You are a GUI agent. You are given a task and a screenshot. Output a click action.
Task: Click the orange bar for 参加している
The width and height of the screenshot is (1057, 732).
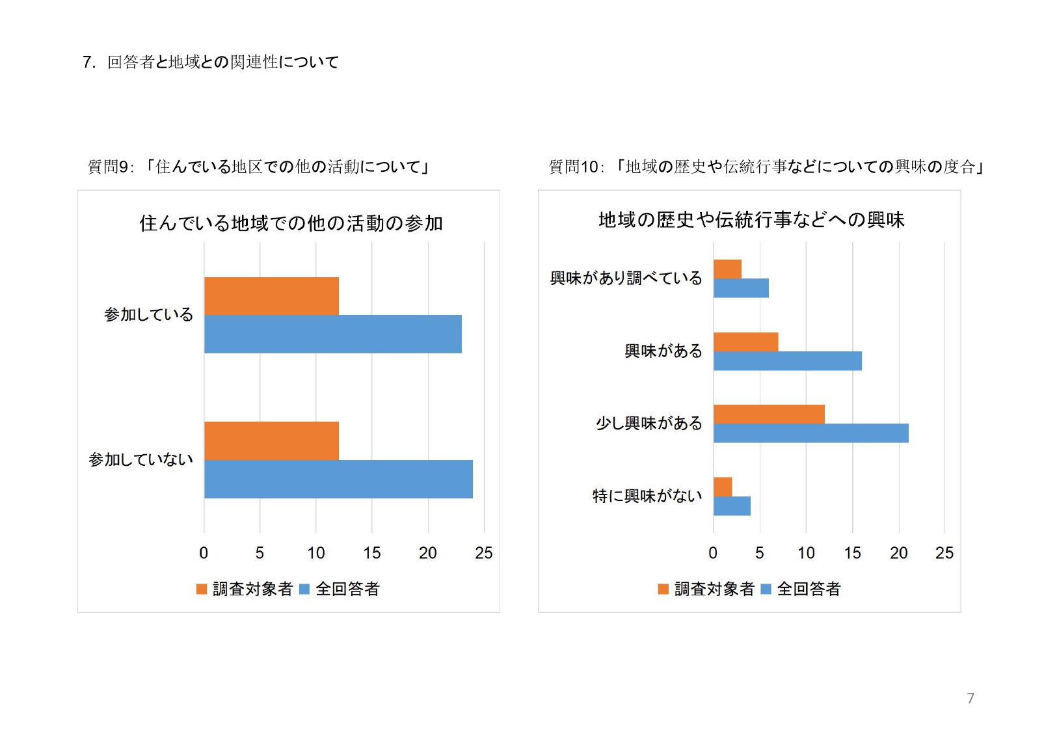click(x=271, y=296)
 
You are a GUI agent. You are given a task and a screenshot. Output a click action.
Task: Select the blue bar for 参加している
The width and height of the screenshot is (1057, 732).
click(x=332, y=334)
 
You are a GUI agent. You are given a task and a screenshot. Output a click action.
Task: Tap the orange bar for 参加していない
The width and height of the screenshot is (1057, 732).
click(x=271, y=441)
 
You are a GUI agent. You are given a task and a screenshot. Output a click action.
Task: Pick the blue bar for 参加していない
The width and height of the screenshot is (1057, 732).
click(x=338, y=480)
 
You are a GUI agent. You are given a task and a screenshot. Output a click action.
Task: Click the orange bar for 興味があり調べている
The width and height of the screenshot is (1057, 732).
click(x=727, y=269)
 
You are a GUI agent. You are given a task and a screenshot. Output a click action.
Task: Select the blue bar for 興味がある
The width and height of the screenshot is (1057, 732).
click(x=787, y=361)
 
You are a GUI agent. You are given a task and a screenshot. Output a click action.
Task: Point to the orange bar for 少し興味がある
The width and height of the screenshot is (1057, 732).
click(x=769, y=414)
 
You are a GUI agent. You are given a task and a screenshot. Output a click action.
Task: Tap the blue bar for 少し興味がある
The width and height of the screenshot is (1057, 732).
click(x=810, y=433)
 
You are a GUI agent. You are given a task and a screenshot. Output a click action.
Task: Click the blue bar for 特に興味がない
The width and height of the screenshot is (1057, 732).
click(x=732, y=506)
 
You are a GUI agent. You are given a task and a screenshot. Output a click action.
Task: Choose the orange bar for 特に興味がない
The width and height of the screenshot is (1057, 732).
click(x=723, y=487)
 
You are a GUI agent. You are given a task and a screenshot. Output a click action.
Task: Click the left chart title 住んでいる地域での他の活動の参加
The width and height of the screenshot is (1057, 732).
click(x=291, y=223)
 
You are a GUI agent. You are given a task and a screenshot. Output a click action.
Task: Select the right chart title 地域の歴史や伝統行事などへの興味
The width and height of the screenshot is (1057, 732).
click(x=751, y=220)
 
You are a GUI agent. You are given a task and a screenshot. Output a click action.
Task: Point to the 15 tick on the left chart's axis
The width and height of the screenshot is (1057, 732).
click(x=372, y=553)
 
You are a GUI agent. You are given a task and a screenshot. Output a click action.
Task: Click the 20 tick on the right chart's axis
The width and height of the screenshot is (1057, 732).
click(x=899, y=553)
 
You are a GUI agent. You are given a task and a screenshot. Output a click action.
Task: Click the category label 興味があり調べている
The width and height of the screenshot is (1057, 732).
click(x=626, y=278)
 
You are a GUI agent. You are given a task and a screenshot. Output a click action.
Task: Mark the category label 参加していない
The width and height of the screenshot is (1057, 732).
click(x=140, y=460)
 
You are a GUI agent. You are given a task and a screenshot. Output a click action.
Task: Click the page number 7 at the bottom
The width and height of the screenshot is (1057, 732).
click(x=970, y=698)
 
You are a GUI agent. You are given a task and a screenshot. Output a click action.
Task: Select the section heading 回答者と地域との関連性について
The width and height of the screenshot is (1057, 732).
click(x=222, y=62)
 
